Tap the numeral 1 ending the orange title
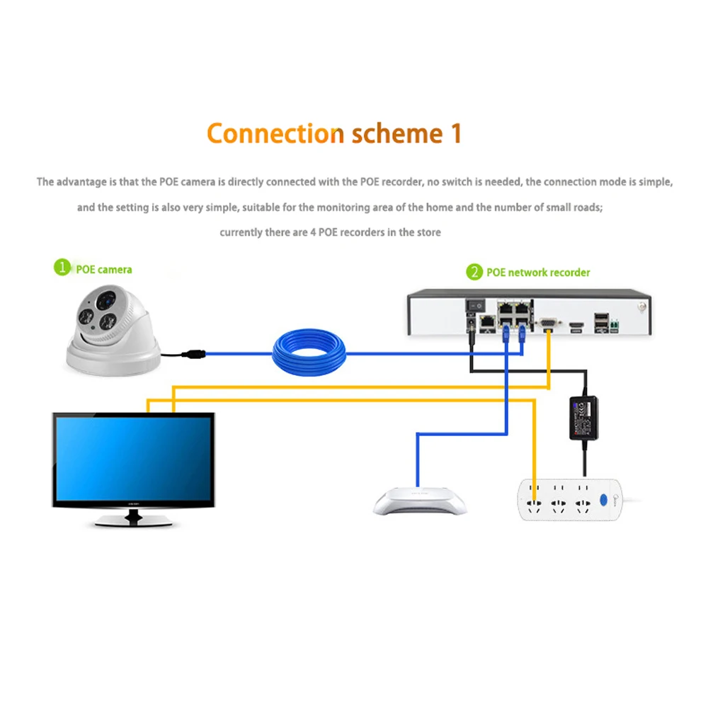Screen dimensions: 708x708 pyautogui.click(x=455, y=133)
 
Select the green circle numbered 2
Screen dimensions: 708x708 pyautogui.click(x=474, y=272)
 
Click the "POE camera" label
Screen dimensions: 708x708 pyautogui.click(x=104, y=269)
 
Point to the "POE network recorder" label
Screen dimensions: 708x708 pyautogui.click(x=538, y=273)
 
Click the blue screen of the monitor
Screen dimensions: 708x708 pyautogui.click(x=133, y=459)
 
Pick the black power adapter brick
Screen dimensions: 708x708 pyautogui.click(x=585, y=418)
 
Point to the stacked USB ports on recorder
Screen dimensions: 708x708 pyautogui.click(x=600, y=321)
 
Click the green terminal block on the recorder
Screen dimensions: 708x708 pyautogui.click(x=615, y=324)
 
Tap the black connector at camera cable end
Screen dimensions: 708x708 pyautogui.click(x=193, y=352)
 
